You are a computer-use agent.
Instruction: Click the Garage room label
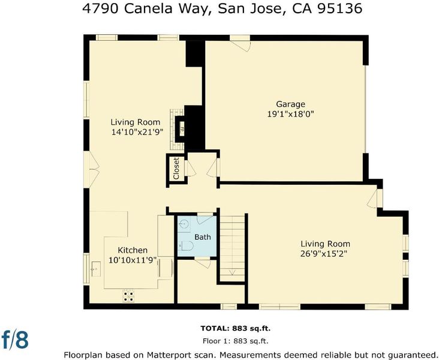click(x=290, y=104)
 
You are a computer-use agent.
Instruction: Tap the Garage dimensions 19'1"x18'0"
click(x=290, y=114)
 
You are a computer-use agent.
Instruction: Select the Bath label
click(x=203, y=237)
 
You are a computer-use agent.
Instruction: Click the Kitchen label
click(x=133, y=250)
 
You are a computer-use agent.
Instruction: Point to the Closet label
click(x=176, y=169)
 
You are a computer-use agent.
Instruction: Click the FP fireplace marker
click(x=182, y=130)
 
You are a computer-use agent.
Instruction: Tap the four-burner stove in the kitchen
click(x=128, y=296)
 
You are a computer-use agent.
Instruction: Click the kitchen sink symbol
click(x=96, y=269)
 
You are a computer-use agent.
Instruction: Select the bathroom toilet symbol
click(x=186, y=245)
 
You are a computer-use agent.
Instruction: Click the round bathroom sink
click(x=184, y=224)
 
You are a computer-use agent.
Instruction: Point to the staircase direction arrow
click(x=232, y=272)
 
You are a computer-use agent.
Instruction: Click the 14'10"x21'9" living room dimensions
click(x=137, y=132)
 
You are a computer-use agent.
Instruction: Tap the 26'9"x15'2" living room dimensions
click(x=323, y=254)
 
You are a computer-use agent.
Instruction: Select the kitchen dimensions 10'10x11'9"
click(x=133, y=260)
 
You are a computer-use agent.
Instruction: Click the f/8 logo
click(x=15, y=339)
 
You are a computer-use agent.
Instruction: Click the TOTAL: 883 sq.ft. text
click(x=236, y=328)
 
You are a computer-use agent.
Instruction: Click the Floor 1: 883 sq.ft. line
click(x=236, y=341)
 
